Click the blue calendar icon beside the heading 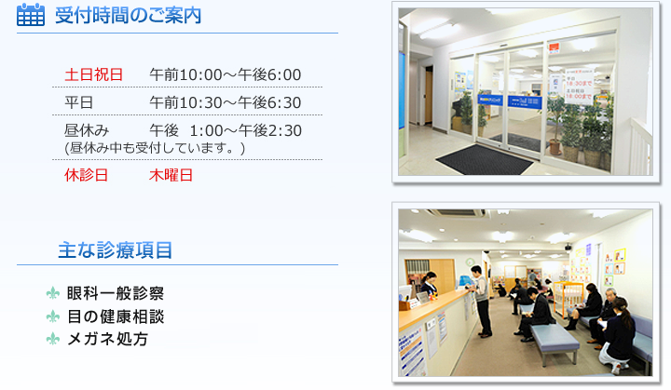pos(31,15)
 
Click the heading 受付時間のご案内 pos(128,16)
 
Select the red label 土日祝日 pos(94,74)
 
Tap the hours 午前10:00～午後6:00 pos(226,74)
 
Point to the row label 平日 pos(78,102)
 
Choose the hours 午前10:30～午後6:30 pos(226,102)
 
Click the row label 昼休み pos(87,130)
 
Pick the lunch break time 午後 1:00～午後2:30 pos(226,130)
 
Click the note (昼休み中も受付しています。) pos(155,148)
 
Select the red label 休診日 pos(86,175)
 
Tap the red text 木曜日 pos(171,175)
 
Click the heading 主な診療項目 pos(116,250)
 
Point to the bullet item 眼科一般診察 pos(116,293)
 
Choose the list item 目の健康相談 pos(116,316)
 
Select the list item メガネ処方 pos(107,339)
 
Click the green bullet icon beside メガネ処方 pos(52,339)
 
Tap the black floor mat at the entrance pos(485,159)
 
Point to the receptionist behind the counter pos(430,284)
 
